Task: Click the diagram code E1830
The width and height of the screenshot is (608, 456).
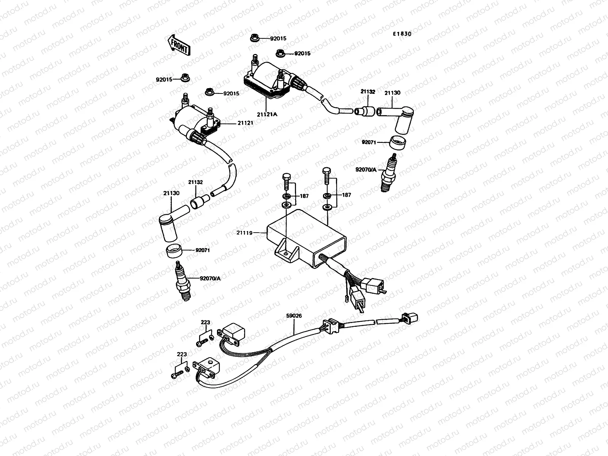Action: tap(402, 33)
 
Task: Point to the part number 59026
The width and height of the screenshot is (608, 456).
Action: tap(294, 315)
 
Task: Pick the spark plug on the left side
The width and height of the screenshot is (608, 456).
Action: tap(182, 281)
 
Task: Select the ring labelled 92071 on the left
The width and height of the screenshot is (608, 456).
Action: tap(174, 251)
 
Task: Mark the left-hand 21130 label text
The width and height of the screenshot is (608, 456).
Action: tap(171, 193)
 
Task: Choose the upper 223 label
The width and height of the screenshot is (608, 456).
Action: tap(205, 323)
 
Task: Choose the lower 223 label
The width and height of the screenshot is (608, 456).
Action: tap(182, 354)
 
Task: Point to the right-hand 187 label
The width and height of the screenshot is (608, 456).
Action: tap(346, 195)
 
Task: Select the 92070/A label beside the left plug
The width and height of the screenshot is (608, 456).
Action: tap(210, 279)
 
